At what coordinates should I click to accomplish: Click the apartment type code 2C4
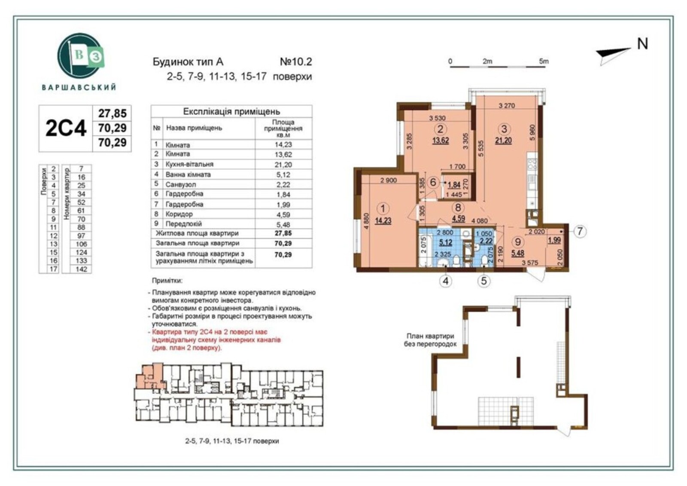[66, 128]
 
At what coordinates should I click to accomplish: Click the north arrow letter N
[642, 44]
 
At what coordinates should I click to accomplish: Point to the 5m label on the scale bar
[544, 61]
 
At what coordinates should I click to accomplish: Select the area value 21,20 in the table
[283, 165]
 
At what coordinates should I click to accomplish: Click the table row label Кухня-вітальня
[189, 164]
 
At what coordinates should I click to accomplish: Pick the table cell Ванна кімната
[188, 175]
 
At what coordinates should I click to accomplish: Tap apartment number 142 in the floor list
[81, 269]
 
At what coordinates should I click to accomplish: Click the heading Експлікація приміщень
[231, 111]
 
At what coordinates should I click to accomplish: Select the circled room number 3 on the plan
[504, 129]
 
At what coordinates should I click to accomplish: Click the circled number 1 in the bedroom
[383, 209]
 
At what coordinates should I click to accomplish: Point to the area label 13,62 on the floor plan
[441, 141]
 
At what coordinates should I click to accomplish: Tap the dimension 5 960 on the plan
[532, 132]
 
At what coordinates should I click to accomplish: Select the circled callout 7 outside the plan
[580, 231]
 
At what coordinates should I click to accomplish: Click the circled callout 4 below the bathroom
[446, 281]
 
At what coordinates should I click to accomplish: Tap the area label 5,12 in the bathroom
[445, 242]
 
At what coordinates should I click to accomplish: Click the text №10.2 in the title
[296, 62]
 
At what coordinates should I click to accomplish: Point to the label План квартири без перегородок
[430, 340]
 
